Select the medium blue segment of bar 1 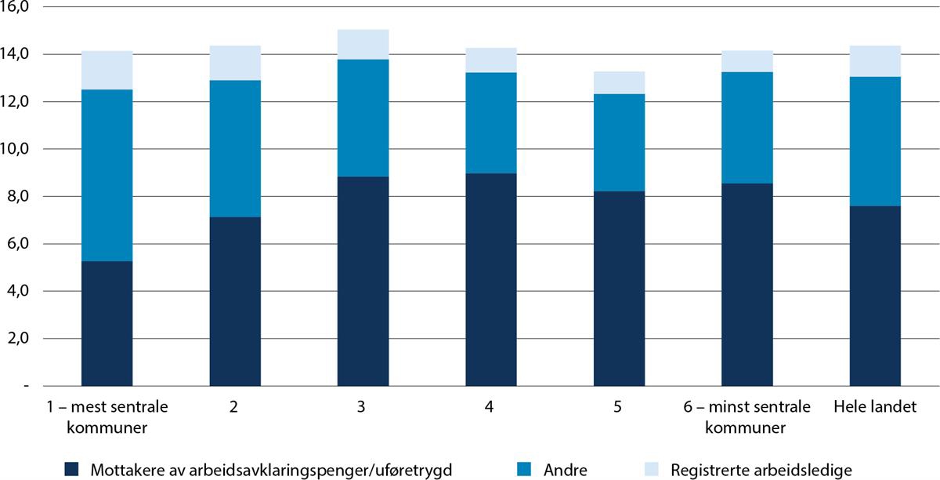pos(107,175)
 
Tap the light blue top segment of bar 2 pos(235,63)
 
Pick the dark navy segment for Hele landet pos(875,296)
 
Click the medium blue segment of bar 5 pos(619,142)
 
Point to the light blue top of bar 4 pos(491,60)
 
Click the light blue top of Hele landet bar pos(875,61)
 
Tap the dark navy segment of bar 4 pos(491,279)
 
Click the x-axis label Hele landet pos(875,408)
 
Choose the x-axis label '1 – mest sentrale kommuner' pos(107,418)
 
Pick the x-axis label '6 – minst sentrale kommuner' pos(747,418)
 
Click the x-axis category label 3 pos(363,408)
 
